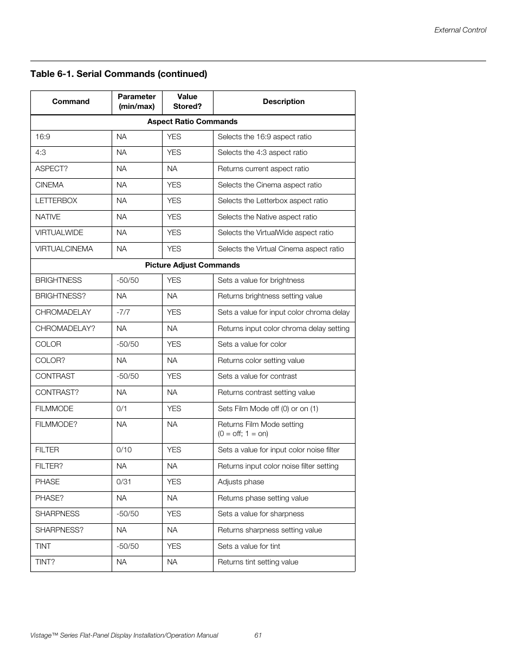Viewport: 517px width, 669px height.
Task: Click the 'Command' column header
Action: click(x=70, y=102)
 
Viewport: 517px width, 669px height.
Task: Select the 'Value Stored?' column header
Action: click(x=187, y=102)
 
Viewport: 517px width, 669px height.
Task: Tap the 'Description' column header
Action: click(x=283, y=102)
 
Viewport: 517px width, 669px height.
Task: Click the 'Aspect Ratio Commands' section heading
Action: click(x=192, y=122)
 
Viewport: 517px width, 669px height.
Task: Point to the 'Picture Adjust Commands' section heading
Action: click(x=192, y=265)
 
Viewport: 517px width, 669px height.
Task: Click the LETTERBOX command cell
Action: click(x=56, y=201)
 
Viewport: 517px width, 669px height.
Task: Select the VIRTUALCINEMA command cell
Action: click(x=64, y=249)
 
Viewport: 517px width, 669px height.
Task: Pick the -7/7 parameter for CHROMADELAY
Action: click(x=123, y=313)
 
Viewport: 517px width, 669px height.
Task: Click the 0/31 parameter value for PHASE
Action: click(x=124, y=482)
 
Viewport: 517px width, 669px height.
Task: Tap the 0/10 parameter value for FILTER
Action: click(x=124, y=450)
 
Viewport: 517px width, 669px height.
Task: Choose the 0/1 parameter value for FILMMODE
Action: click(x=121, y=409)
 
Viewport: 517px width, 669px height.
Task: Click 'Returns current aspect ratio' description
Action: click(x=263, y=169)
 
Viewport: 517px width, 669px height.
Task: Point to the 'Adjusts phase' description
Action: click(x=241, y=482)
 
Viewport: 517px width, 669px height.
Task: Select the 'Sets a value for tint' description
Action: click(x=249, y=547)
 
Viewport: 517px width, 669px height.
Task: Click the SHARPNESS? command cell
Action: click(x=60, y=530)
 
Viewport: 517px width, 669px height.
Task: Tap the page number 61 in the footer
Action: click(x=258, y=635)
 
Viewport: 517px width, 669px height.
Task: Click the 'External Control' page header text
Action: click(x=460, y=30)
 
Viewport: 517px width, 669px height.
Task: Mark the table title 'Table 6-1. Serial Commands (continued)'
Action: click(x=119, y=74)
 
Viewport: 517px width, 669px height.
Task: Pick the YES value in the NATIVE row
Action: click(x=174, y=217)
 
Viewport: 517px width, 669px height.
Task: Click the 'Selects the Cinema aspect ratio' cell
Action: click(x=270, y=185)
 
